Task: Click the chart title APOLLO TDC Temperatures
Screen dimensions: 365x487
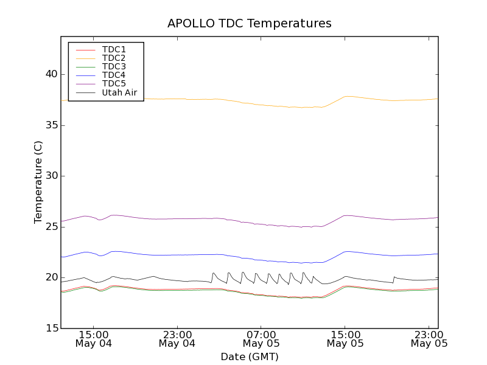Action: pyautogui.click(x=250, y=24)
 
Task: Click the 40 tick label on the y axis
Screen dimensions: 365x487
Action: pyautogui.click(x=51, y=74)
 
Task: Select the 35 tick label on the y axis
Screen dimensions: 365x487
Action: pyautogui.click(x=51, y=125)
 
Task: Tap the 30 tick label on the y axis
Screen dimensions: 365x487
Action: pyautogui.click(x=51, y=176)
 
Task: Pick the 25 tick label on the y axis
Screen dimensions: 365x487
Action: pyautogui.click(x=51, y=227)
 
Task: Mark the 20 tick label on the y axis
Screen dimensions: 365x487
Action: pyautogui.click(x=51, y=277)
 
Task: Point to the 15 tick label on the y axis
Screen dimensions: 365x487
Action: pyautogui.click(x=51, y=328)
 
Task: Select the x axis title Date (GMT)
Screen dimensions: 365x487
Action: pyautogui.click(x=250, y=356)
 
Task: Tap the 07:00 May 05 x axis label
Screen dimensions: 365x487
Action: pyautogui.click(x=261, y=339)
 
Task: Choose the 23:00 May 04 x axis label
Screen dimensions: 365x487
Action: pyautogui.click(x=177, y=339)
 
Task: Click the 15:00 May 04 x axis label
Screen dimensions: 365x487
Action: pyautogui.click(x=94, y=339)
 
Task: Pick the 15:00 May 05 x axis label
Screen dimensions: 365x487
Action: pyautogui.click(x=345, y=339)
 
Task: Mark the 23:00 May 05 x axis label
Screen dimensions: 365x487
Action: pyautogui.click(x=429, y=339)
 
